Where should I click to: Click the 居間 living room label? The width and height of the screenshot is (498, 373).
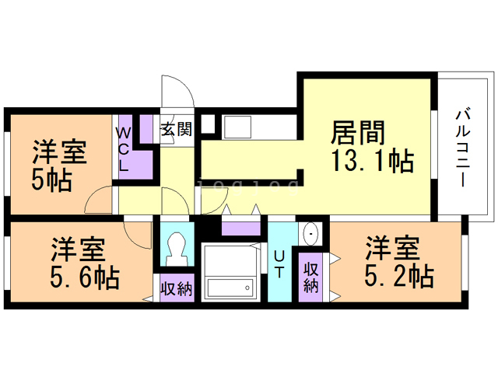point(358,133)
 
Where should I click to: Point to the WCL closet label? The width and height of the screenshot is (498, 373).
point(124,148)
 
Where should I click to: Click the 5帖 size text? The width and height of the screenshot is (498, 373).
point(52,180)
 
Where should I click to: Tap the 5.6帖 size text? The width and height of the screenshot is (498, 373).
point(86,277)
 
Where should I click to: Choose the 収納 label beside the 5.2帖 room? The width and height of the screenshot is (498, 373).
point(311,277)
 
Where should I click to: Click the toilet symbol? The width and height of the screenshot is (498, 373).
point(177,249)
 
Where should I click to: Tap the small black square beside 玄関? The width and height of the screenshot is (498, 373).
point(208,122)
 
